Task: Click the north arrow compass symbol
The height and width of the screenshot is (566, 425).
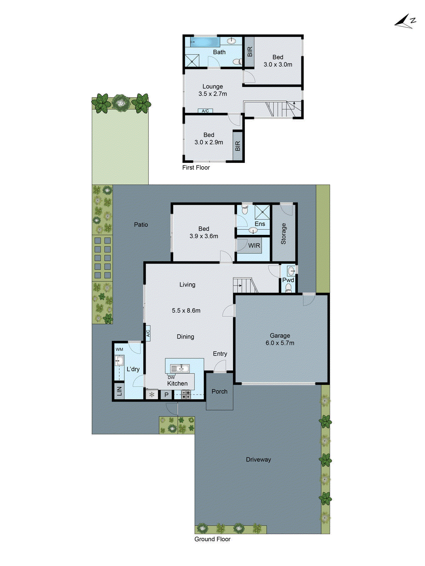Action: click(x=405, y=22)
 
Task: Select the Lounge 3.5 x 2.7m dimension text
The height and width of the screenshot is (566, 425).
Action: click(x=212, y=94)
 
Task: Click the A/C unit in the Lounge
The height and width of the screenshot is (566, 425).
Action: click(x=205, y=111)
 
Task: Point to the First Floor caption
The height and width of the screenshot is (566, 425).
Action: click(x=196, y=168)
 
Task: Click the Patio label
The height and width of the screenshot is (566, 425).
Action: click(x=141, y=225)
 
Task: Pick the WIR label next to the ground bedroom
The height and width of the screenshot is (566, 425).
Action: click(x=254, y=246)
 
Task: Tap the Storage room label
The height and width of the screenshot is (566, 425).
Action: click(x=283, y=233)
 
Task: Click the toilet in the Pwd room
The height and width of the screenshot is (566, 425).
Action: click(x=288, y=288)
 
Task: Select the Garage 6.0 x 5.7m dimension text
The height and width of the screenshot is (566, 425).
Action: click(x=280, y=343)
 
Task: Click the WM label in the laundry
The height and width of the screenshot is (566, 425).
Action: click(x=119, y=350)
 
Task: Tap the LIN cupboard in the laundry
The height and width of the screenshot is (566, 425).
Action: click(x=119, y=391)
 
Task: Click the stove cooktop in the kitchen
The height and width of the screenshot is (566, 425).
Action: click(x=186, y=394)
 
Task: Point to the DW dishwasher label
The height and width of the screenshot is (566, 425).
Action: click(x=171, y=377)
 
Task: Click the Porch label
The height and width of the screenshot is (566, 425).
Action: click(x=220, y=392)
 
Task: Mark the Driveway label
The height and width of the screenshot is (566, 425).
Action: click(x=259, y=460)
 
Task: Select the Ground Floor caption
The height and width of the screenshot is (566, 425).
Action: click(x=212, y=539)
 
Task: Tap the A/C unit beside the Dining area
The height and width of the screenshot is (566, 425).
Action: click(x=148, y=333)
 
